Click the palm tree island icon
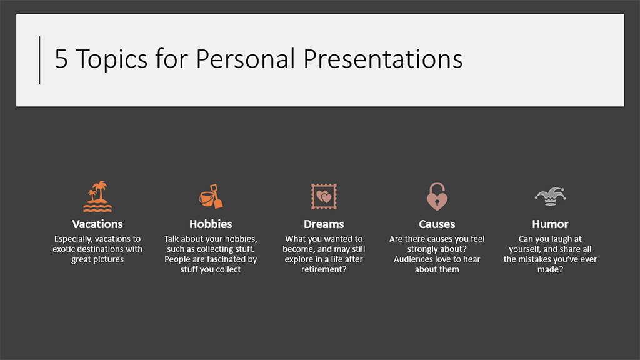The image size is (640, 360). (97, 197)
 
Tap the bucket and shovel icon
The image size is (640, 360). (211, 197)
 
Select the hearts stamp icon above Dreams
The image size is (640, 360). (324, 197)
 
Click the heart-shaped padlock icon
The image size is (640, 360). (437, 196)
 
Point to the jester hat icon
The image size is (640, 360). (550, 197)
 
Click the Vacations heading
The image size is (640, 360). (97, 224)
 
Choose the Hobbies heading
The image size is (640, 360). (211, 224)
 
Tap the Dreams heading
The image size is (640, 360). (324, 224)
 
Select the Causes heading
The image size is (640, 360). (437, 224)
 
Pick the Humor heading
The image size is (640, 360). (550, 224)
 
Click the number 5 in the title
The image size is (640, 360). (61, 59)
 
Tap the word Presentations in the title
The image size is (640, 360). (383, 59)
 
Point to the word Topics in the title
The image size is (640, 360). (112, 59)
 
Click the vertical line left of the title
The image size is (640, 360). (39, 61)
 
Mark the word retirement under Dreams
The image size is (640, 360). (322, 269)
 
